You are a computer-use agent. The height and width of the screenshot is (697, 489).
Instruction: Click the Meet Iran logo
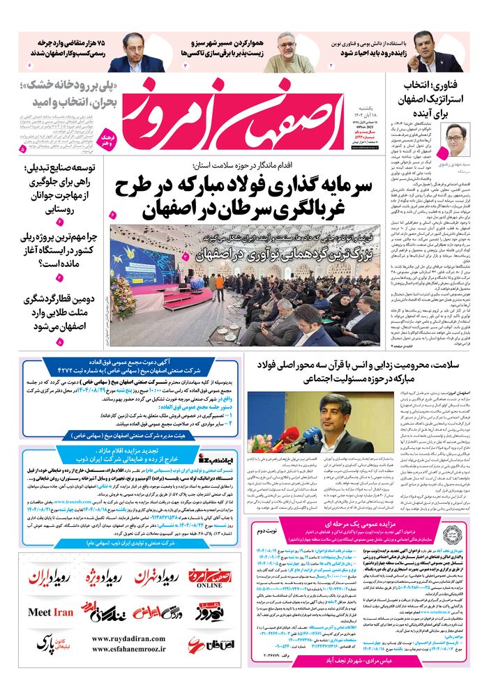coord(50,613)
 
